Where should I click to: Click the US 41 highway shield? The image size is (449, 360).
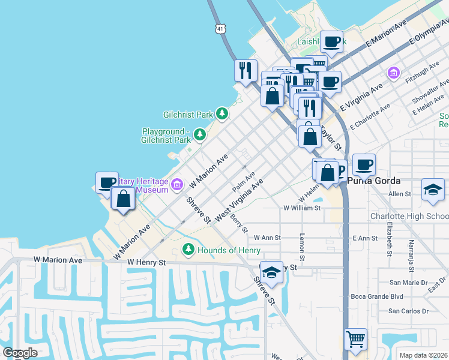click(x=221, y=28)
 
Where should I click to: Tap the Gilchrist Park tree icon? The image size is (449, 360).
click(x=222, y=113)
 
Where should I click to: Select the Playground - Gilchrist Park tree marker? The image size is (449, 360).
click(x=199, y=134)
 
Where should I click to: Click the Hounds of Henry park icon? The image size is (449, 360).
click(x=188, y=249)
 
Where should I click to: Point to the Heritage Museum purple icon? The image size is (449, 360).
click(x=177, y=184)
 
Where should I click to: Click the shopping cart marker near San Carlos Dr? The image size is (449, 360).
click(x=355, y=339)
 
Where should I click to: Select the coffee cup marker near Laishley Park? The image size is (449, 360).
click(x=331, y=42)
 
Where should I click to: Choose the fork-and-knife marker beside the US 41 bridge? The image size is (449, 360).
click(x=246, y=70)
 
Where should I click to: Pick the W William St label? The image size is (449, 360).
click(x=302, y=208)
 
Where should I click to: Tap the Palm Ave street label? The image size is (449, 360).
click(x=244, y=178)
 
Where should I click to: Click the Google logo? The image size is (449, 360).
click(x=20, y=352)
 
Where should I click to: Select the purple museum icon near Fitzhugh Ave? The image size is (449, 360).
click(x=393, y=73)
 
